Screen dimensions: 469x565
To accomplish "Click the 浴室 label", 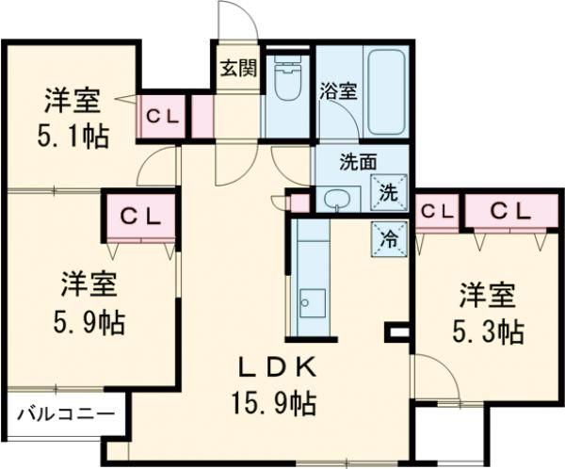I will click(338, 92).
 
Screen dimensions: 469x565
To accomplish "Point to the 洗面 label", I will click(331, 160).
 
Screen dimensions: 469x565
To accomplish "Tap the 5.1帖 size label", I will click(73, 136).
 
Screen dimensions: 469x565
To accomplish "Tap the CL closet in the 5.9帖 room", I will click(139, 216).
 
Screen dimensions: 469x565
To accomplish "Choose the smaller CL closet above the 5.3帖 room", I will click(435, 212).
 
